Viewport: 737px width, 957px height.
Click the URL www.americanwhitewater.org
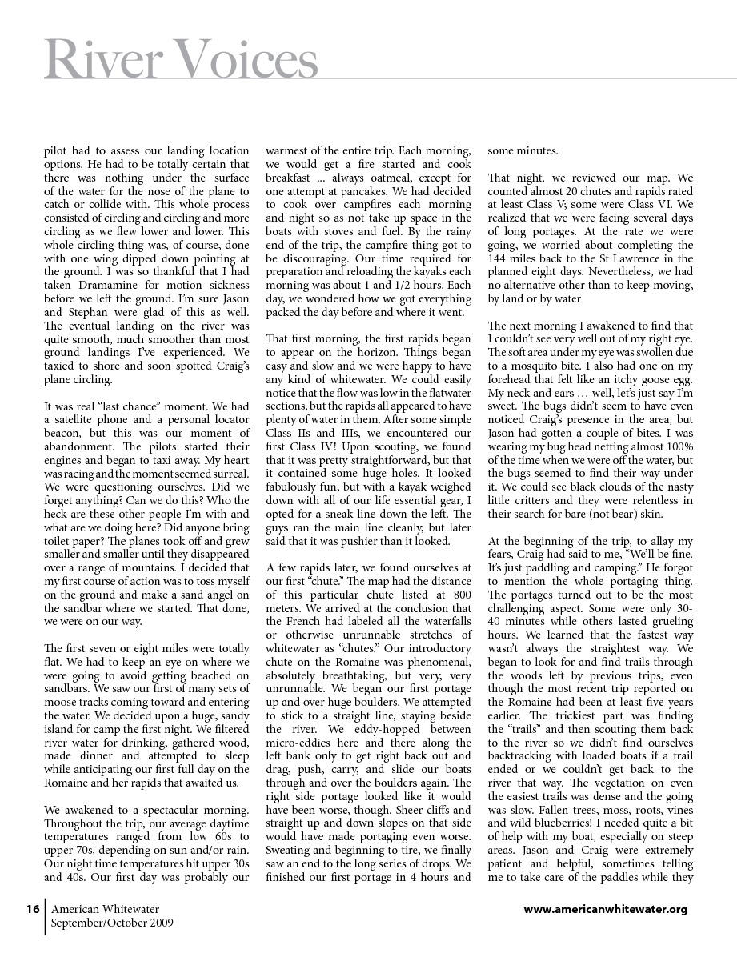[605, 909]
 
